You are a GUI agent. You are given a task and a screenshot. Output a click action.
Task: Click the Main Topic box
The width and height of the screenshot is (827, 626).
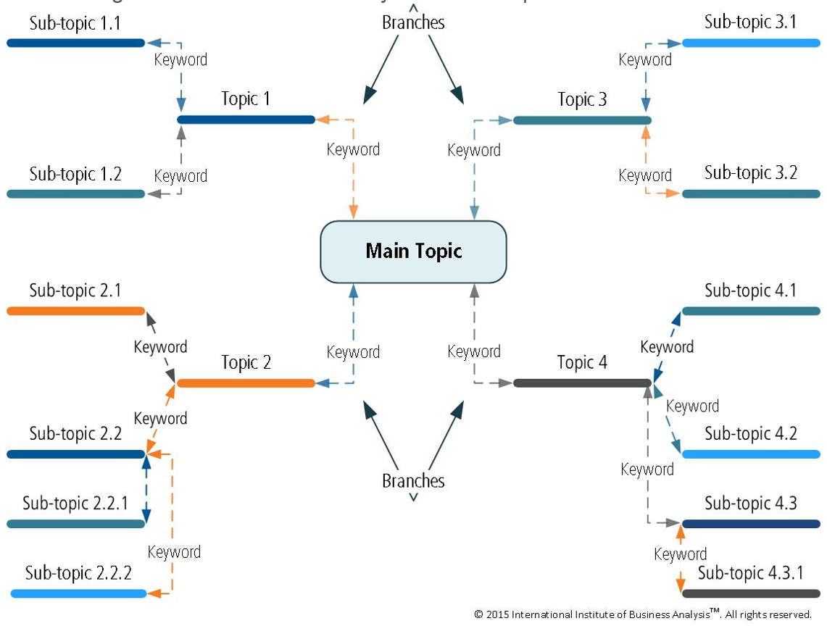click(413, 251)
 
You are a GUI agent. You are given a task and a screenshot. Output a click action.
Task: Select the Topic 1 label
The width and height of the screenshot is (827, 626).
click(246, 99)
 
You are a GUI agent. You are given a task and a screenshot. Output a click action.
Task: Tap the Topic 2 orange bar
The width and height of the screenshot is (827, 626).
click(246, 383)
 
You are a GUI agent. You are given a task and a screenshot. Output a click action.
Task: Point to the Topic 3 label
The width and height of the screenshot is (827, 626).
click(582, 99)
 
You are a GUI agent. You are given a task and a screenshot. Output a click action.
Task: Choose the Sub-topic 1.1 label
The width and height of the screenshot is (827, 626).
click(75, 23)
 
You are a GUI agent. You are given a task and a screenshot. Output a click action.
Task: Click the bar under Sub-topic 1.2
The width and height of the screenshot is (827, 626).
click(76, 194)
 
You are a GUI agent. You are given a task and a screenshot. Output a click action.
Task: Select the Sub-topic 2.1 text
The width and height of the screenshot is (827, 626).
click(75, 291)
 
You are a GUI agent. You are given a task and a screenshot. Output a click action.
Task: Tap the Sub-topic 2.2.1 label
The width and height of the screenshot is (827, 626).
click(75, 503)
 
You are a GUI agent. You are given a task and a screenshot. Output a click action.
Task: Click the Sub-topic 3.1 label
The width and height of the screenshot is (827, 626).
click(750, 22)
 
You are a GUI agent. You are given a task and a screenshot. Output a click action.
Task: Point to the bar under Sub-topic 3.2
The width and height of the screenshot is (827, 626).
click(751, 194)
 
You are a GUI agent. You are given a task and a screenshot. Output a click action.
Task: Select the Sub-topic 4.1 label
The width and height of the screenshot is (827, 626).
click(750, 291)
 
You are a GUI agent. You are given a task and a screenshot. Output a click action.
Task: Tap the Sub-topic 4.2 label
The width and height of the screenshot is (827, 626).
click(750, 433)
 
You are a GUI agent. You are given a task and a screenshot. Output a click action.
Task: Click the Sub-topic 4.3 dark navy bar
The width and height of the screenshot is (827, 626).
click(751, 524)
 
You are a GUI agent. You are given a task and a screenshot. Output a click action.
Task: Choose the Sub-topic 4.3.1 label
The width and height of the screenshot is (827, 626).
click(750, 573)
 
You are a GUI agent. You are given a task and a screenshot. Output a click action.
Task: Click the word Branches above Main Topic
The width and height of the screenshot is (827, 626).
click(413, 22)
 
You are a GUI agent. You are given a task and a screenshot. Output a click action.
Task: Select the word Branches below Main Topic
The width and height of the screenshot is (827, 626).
click(413, 480)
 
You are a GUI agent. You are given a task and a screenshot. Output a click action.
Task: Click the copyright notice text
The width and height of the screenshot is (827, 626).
click(643, 614)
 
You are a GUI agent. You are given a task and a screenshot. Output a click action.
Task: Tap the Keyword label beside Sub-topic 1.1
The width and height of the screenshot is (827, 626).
click(180, 59)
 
